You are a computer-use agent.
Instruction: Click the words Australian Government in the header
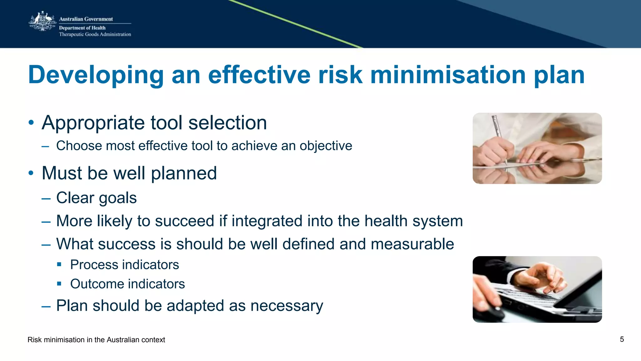[x=86, y=19]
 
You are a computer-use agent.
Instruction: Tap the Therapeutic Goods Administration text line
[x=95, y=34]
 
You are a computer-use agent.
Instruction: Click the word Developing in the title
[x=96, y=75]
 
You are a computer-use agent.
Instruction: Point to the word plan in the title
[x=559, y=75]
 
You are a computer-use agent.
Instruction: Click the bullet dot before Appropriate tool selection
[x=31, y=123]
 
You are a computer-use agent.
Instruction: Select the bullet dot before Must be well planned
[x=31, y=173]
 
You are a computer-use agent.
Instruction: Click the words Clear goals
[x=96, y=198]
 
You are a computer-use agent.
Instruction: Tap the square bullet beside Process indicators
[x=59, y=265]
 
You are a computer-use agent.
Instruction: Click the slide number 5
[x=622, y=339]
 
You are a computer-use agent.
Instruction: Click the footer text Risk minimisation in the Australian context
[x=96, y=340]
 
